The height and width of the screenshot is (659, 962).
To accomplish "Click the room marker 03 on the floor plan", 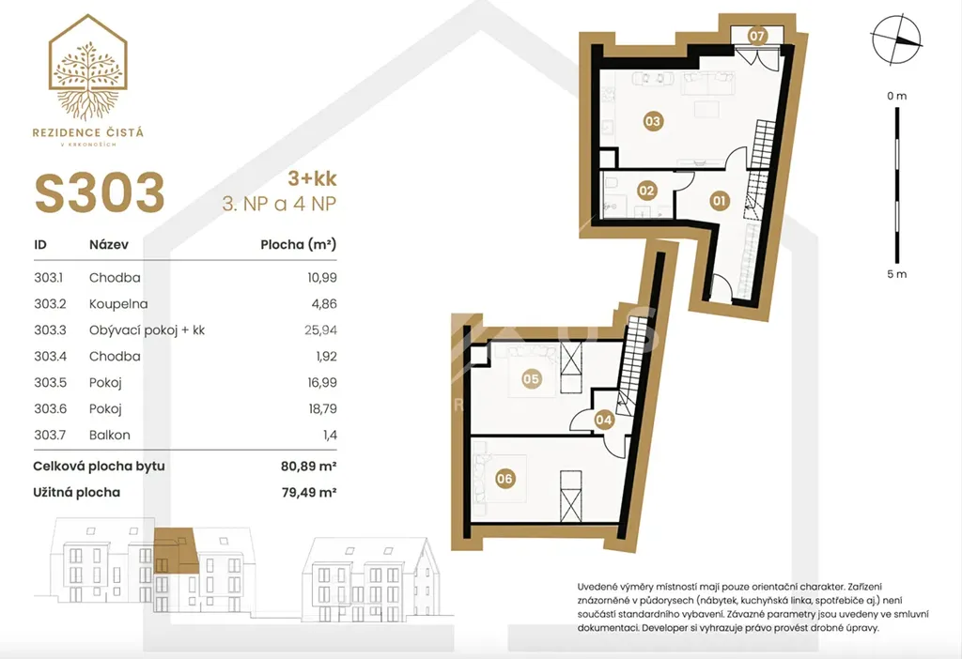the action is [653, 121].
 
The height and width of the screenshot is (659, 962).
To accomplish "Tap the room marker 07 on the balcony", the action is [757, 37].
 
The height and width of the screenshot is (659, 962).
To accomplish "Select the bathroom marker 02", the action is [646, 191].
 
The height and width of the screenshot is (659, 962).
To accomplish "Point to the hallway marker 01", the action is [719, 201].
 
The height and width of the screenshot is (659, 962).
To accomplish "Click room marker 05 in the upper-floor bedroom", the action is [532, 379].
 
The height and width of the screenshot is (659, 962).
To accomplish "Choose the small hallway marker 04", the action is [604, 420].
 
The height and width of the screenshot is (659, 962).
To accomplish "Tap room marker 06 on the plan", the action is [504, 479].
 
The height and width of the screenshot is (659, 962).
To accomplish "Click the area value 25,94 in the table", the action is [321, 329].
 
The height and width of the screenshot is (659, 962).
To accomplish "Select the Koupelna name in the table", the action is [118, 304].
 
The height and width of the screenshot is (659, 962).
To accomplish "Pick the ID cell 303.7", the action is [50, 435].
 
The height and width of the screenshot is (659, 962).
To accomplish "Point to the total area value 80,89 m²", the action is [308, 466].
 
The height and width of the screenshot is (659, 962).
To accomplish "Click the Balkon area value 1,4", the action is [330, 436].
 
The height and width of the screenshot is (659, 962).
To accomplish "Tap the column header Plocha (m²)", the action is [298, 245].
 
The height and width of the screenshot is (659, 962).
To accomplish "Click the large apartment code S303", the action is [100, 193].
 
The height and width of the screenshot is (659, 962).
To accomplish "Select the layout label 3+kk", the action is [312, 178].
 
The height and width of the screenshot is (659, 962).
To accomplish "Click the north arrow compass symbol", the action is [896, 39].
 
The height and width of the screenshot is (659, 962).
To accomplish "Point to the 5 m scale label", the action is [896, 274].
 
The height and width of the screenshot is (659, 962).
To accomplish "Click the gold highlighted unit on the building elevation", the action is [176, 551].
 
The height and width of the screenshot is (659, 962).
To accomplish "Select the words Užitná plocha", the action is [77, 492].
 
